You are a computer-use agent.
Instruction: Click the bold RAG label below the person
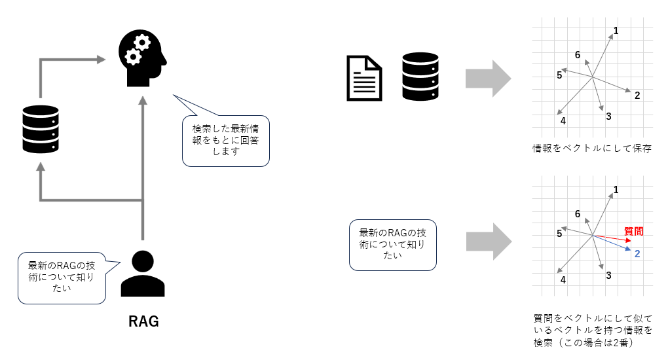tap(143, 322)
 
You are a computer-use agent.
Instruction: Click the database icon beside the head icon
tap(41, 128)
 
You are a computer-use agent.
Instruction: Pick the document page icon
tap(363, 78)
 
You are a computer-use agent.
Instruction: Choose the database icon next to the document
tap(420, 77)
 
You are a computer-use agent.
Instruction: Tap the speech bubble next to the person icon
tap(62, 278)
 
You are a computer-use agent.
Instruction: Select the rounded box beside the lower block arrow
tap(392, 245)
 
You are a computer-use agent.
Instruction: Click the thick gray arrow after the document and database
tap(488, 78)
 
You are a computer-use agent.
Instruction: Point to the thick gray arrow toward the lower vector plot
tap(488, 240)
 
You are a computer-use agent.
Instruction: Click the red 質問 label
tap(633, 231)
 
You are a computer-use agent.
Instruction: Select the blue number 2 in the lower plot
tap(637, 253)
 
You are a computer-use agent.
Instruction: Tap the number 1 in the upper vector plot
tap(616, 30)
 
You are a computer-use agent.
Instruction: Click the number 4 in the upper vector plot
tap(563, 120)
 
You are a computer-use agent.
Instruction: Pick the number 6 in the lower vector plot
tap(577, 213)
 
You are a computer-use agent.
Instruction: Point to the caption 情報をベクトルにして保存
tap(592, 149)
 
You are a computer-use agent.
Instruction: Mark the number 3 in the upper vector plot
tap(608, 117)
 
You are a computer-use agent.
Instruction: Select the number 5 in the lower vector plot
tap(559, 233)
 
